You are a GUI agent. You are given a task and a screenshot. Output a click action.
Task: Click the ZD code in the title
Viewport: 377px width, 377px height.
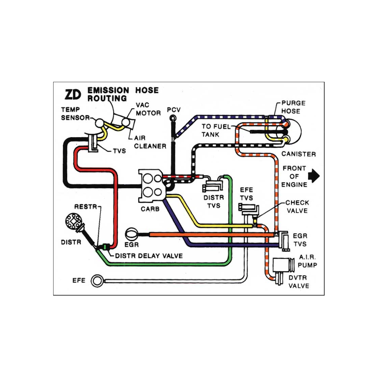pyautogui.click(x=73, y=95)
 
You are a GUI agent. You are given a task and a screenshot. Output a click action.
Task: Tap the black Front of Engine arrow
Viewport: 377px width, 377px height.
pyautogui.click(x=314, y=176)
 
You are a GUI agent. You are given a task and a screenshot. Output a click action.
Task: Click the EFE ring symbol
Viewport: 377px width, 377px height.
pyautogui.click(x=97, y=280)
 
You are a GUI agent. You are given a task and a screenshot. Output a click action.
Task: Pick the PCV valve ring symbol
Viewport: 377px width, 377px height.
pyautogui.click(x=173, y=118)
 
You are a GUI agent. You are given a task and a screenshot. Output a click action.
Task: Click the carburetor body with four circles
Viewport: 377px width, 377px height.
pyautogui.click(x=151, y=185)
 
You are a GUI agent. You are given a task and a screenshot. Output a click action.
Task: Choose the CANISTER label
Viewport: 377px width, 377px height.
pyautogui.click(x=299, y=154)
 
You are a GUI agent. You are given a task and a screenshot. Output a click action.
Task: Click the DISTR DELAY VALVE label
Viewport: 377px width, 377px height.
pyautogui.click(x=149, y=256)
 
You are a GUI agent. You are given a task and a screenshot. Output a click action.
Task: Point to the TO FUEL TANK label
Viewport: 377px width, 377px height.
pyautogui.click(x=216, y=130)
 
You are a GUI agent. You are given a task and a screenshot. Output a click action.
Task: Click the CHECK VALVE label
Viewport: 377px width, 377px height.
pyautogui.click(x=297, y=207)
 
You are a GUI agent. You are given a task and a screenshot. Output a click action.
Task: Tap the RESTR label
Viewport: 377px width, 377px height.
pyautogui.click(x=86, y=207)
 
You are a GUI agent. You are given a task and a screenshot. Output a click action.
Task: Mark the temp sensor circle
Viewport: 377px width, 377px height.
pyautogui.click(x=100, y=123)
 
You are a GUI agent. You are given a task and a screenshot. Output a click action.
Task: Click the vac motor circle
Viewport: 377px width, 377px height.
pyautogui.click(x=126, y=123)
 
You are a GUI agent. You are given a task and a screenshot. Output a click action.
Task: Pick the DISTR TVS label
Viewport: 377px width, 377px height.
pyautogui.click(x=214, y=201)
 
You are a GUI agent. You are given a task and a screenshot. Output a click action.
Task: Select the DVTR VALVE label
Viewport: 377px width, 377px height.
pyautogui.click(x=298, y=282)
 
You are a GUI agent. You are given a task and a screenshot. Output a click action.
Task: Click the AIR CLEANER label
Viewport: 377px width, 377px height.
pyautogui.click(x=150, y=142)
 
